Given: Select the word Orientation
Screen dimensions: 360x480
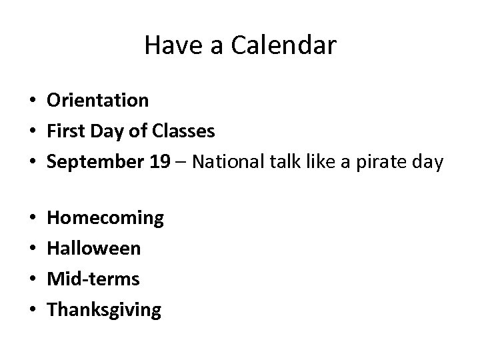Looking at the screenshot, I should (x=97, y=101).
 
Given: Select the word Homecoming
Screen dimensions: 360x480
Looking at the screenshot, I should (x=105, y=218).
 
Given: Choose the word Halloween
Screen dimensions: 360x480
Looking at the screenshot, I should (x=94, y=248).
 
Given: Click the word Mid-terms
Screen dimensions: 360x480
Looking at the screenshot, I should (x=93, y=279).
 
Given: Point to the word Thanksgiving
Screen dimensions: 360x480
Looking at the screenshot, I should (x=104, y=310).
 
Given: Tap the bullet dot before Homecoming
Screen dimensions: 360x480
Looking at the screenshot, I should (x=32, y=219).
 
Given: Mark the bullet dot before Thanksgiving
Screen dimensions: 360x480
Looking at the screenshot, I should (x=32, y=311).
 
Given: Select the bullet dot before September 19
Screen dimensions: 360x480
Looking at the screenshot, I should (x=32, y=163).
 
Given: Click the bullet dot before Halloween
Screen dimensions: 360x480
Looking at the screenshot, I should (x=32, y=249).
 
